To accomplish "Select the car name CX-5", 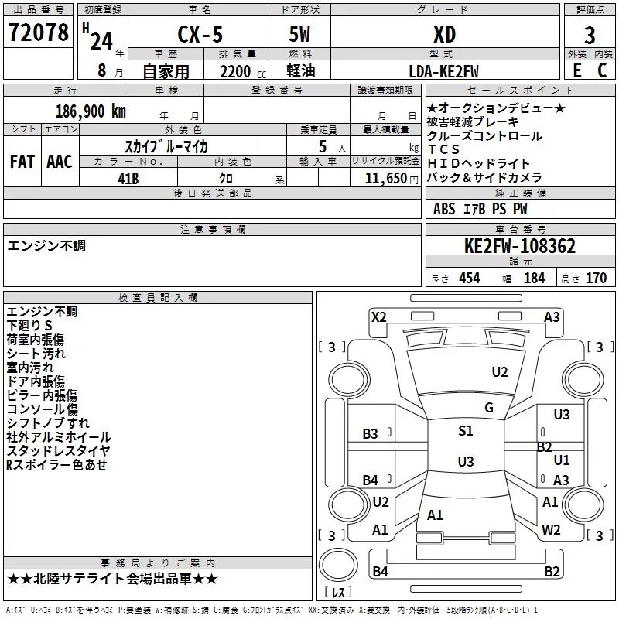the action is pos(198,35).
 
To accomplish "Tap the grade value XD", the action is pos(443,35).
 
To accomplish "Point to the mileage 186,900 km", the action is pos(91,111).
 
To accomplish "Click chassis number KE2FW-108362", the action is pos(520,246).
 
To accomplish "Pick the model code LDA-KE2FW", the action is pos(443,71).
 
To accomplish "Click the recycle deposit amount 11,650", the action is pos(384,178).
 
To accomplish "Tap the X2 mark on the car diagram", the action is pos(378,316).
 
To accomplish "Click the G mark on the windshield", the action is pos(489,408).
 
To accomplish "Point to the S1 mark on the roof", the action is pos(465,432).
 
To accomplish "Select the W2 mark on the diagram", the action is pos(551,530).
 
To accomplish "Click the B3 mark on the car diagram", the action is pos(371,434).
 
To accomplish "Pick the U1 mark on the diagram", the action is pos(562,460).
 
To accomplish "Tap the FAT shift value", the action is pos(22,162).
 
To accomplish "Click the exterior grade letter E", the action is pos(576,70).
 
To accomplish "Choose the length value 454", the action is pos(469,279).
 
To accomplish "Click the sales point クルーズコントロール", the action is pos(484,135).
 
